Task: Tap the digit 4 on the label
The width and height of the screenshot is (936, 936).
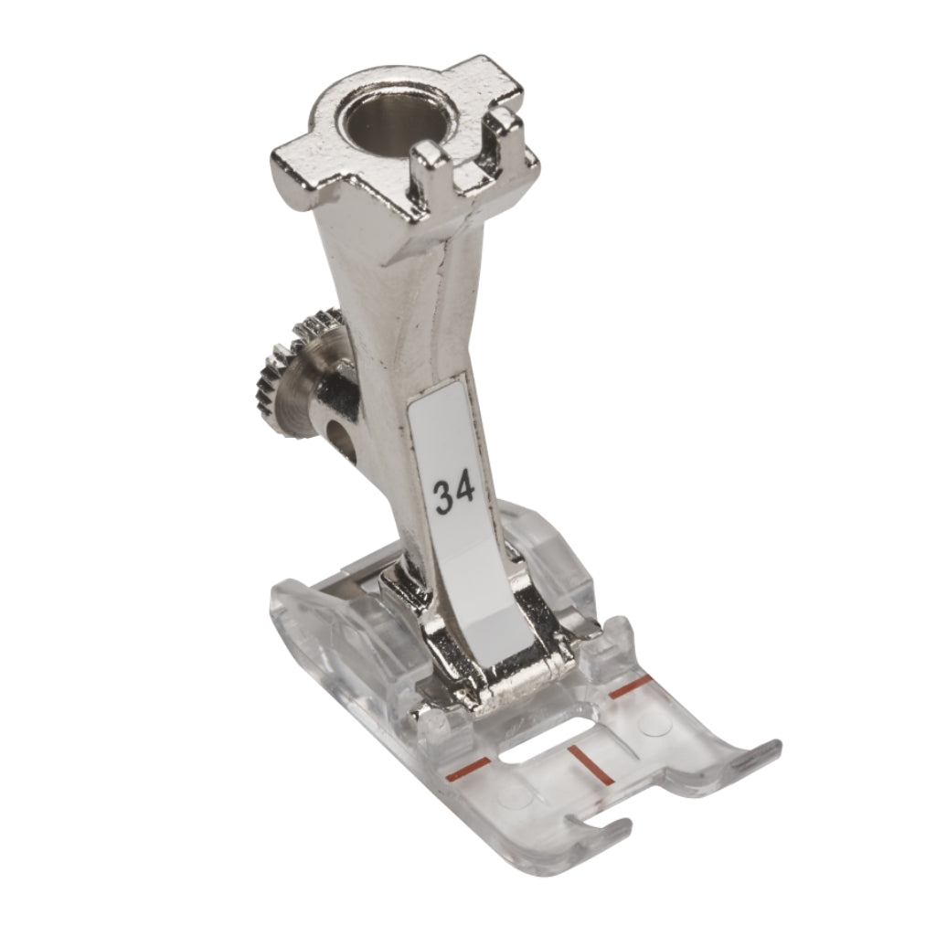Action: [x=465, y=490]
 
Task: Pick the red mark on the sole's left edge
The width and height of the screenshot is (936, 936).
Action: [x=468, y=768]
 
